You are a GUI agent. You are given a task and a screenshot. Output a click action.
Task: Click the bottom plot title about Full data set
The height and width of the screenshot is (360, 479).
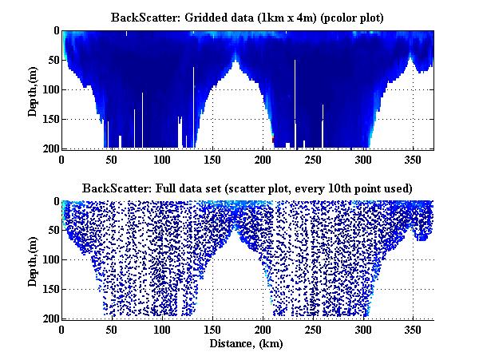247,188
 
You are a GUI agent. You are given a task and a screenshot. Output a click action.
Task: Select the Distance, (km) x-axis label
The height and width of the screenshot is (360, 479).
247,345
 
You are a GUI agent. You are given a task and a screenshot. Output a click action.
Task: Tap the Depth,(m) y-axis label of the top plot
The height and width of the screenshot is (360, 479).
33,89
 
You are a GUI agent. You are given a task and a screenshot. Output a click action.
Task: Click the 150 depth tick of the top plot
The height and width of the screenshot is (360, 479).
49,119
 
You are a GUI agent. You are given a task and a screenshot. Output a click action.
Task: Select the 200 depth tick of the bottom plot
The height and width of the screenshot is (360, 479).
49,318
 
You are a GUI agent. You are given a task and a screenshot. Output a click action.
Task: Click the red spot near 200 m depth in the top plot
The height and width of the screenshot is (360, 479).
273,140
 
